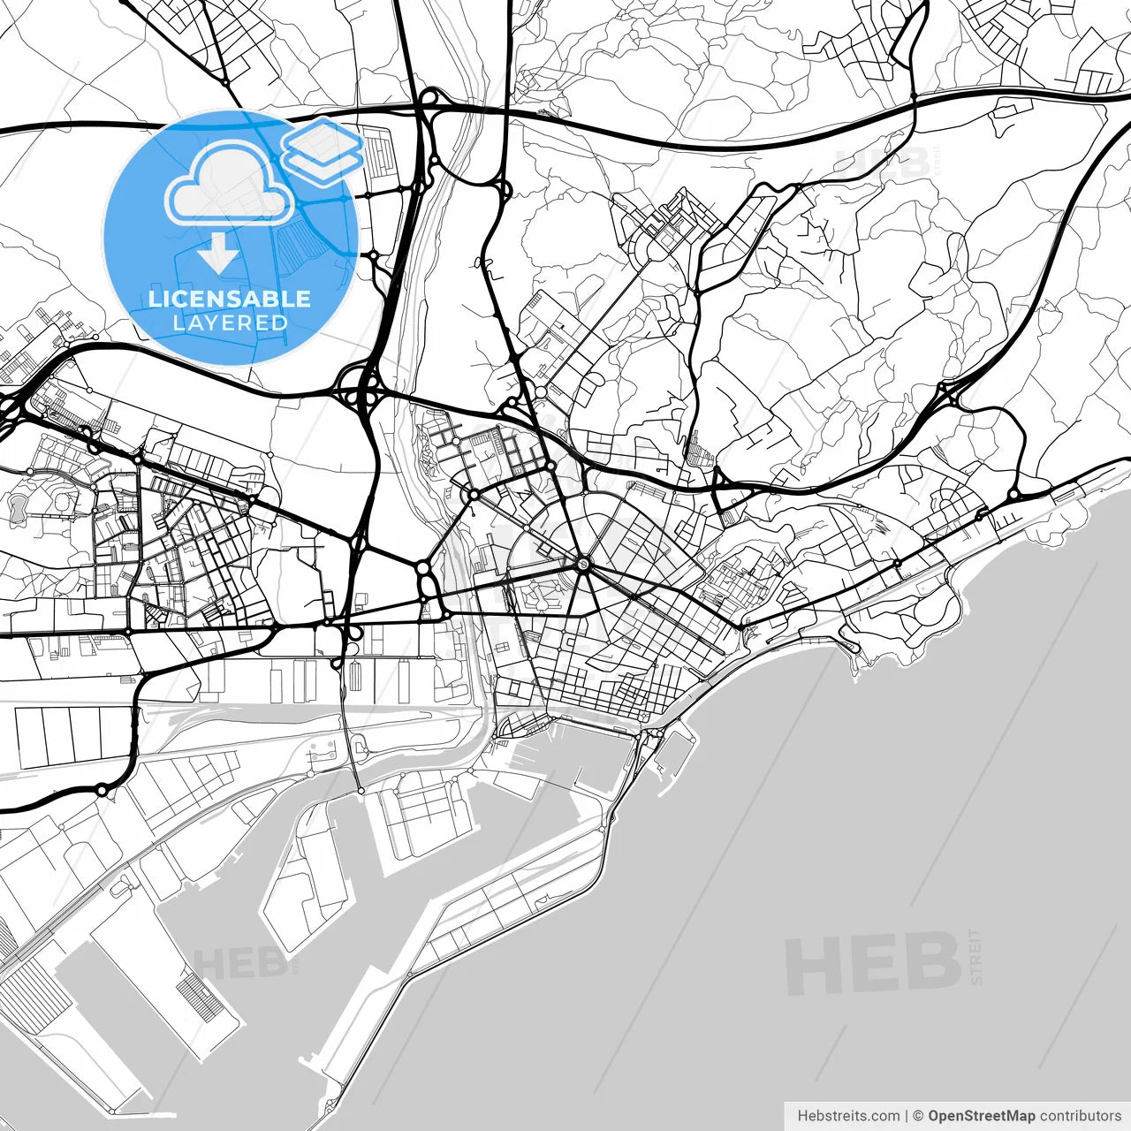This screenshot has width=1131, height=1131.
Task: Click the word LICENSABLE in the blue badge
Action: tap(230, 299)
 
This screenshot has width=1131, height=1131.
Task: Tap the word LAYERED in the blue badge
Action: tap(230, 323)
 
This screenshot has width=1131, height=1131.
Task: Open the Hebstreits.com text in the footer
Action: tap(848, 1116)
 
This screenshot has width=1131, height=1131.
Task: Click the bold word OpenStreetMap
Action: tap(981, 1116)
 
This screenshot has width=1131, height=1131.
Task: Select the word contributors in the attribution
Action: tap(1080, 1116)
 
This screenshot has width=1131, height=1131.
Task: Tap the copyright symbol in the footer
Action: tap(918, 1116)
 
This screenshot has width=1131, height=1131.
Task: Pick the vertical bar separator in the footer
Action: tap(907, 1116)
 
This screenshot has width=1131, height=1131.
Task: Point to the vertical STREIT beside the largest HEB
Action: tap(975, 956)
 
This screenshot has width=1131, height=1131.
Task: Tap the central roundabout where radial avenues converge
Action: tap(584, 563)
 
